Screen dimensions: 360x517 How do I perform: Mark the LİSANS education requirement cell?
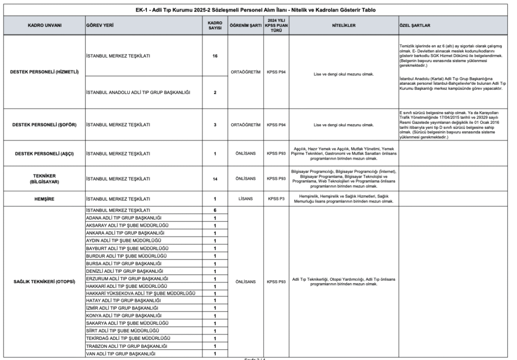(244, 199)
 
